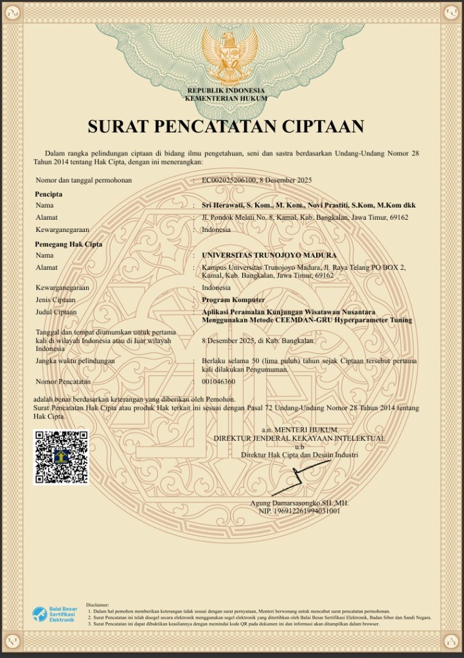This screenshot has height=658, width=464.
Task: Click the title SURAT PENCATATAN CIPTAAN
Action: point(226,126)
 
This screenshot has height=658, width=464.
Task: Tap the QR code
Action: point(61,457)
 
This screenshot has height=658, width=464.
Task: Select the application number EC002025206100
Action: point(229,180)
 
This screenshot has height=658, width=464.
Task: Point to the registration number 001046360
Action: point(219,382)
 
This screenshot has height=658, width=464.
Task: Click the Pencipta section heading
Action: point(49,193)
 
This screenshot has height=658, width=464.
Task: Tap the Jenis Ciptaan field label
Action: point(56,299)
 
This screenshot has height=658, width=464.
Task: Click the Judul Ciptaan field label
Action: point(57,312)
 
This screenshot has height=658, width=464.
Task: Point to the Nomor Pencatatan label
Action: point(63,382)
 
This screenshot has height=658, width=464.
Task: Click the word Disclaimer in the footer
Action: point(98,605)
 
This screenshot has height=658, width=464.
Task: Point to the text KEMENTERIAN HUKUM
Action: point(226,98)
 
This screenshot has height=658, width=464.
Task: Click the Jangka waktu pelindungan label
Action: point(75,361)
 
